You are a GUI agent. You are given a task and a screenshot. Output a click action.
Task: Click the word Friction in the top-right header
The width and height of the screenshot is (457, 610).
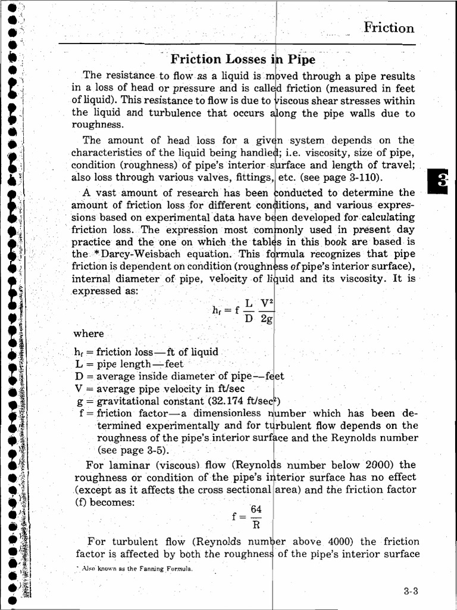click(389, 27)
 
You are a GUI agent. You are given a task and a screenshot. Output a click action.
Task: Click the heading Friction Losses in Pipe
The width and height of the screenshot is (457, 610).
click(243, 59)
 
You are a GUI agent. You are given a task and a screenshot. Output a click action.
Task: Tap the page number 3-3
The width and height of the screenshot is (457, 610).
click(411, 592)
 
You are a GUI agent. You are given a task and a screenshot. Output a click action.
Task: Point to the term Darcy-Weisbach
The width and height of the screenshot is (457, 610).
click(134, 254)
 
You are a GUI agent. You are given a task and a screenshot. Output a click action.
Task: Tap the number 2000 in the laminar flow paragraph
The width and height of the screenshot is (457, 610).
click(379, 465)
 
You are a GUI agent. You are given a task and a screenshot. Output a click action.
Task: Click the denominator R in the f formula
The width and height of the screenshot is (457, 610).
click(256, 525)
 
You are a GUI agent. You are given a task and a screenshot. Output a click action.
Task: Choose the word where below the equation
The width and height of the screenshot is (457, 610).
click(89, 334)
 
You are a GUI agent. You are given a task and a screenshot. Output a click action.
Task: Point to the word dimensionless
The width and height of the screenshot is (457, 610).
click(227, 413)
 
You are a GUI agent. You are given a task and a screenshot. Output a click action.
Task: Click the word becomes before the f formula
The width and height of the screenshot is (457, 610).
click(114, 502)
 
